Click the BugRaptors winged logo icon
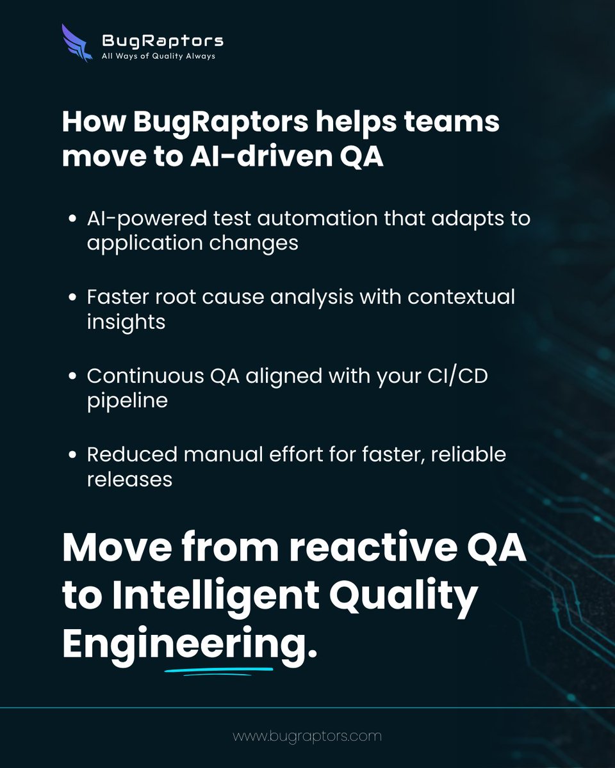click(78, 43)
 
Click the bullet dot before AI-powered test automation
click(74, 219)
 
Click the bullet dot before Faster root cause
click(74, 298)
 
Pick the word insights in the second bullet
click(126, 323)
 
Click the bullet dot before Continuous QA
click(74, 376)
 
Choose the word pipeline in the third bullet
click(127, 401)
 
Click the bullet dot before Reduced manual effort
click(74, 455)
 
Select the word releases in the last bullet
click(129, 479)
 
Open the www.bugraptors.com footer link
click(307, 736)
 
